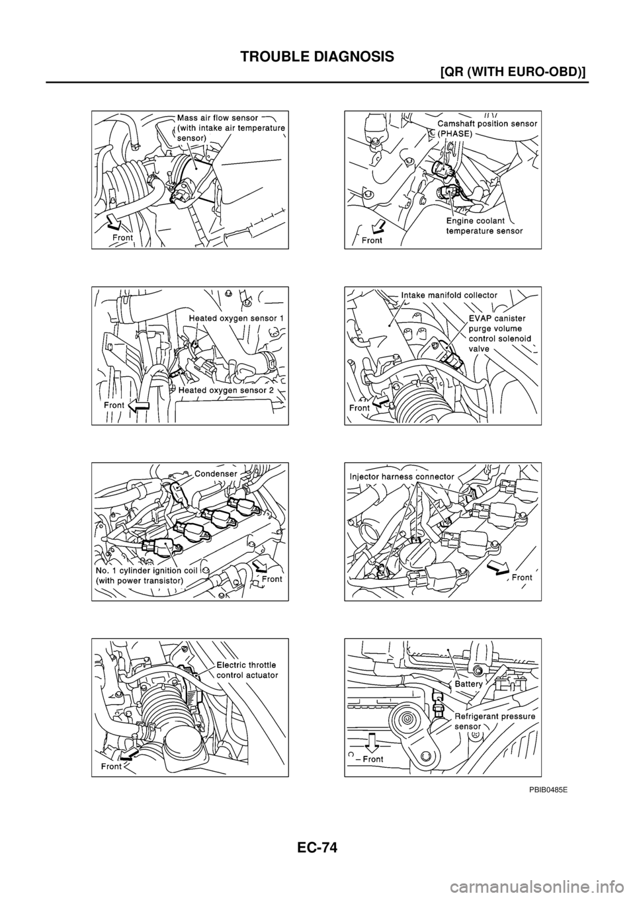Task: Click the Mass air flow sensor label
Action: point(229,128)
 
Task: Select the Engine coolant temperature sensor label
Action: point(485,226)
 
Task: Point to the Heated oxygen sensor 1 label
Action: point(236,318)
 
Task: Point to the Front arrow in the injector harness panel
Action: point(497,569)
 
